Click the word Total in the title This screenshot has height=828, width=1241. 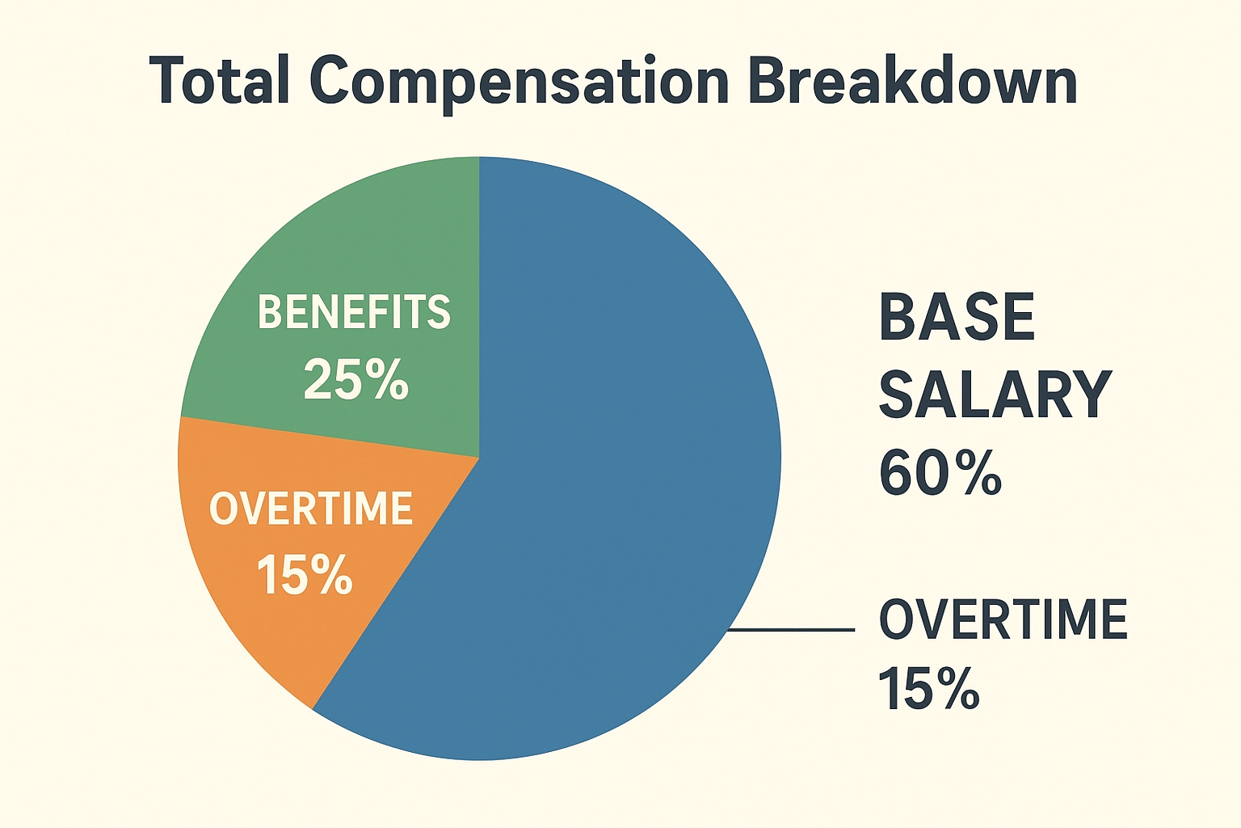coord(219,81)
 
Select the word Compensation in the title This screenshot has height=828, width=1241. coord(519,82)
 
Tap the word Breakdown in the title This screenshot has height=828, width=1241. coord(912,81)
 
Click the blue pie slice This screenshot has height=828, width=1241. coord(614,485)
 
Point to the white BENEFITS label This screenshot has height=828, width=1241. coord(354,312)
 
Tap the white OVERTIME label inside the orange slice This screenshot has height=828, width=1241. coord(311,509)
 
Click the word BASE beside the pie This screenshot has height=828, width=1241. coord(957,317)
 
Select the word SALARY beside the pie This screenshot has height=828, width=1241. coord(995,395)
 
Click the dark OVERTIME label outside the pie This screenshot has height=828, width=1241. coord(1003,620)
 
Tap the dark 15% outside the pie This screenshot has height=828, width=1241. coord(928,689)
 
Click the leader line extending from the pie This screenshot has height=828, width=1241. coord(792,629)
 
